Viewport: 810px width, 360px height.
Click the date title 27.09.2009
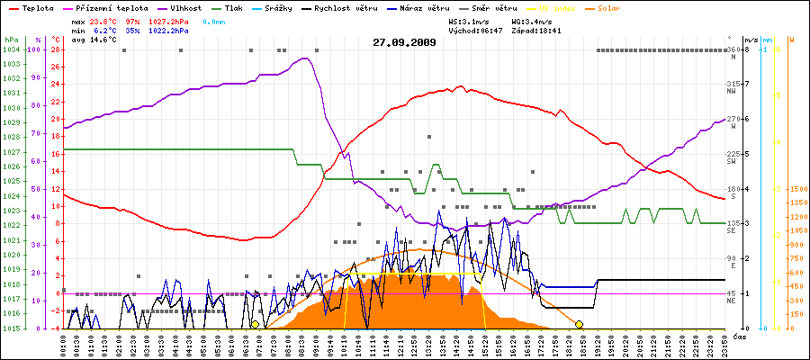[404, 42]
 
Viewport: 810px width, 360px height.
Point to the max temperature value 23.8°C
[106, 20]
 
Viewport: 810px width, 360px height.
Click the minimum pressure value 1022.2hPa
[170, 30]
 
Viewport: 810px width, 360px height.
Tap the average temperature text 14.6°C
[106, 40]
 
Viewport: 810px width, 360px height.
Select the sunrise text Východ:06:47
[485, 30]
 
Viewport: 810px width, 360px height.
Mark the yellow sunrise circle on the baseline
[256, 324]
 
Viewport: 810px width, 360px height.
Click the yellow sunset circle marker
[579, 324]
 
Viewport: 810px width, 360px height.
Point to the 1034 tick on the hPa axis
[11, 49]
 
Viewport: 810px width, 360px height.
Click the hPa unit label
[11, 40]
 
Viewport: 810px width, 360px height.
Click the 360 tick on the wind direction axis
[732, 49]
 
